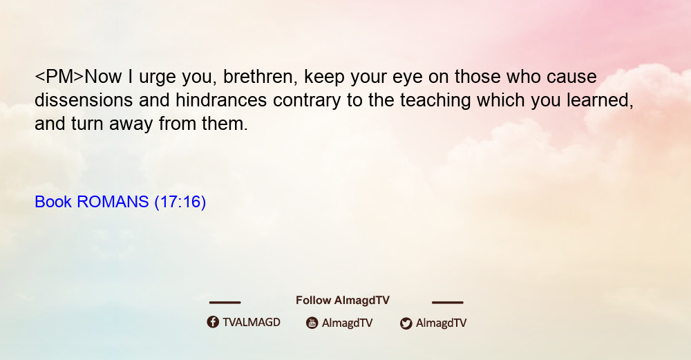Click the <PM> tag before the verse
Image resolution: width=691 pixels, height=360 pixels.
[x=59, y=77]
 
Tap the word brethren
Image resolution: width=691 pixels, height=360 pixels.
[x=258, y=77]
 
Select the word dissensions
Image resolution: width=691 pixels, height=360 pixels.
[x=84, y=100]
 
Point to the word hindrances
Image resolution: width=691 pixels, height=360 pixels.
[x=221, y=100]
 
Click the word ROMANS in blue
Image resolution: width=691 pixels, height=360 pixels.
[x=113, y=202]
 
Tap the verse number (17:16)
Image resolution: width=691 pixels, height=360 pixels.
[x=180, y=202]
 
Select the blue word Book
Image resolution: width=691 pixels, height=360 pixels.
[x=53, y=202]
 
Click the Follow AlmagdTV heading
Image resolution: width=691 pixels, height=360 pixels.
[x=343, y=301]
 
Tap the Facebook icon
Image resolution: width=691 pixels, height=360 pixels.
[x=213, y=322]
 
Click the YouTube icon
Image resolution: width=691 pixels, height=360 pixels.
[x=312, y=323]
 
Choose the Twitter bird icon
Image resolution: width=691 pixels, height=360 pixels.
[x=406, y=323]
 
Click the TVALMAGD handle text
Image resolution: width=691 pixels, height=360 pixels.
[x=252, y=323]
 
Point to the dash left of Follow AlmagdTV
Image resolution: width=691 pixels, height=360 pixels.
[x=225, y=303]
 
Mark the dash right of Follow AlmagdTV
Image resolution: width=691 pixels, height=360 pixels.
[x=448, y=303]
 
